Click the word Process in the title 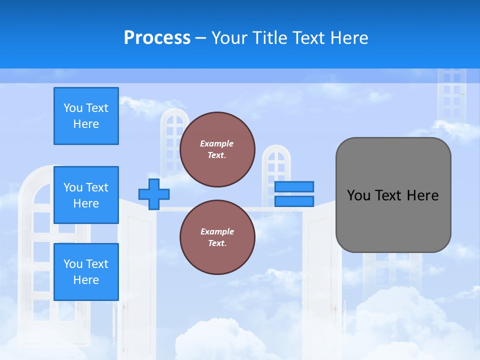157,38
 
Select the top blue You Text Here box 86,116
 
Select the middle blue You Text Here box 86,195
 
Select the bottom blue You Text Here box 86,271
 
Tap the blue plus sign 154,194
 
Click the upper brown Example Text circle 217,149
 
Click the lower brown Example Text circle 217,237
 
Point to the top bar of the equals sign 294,186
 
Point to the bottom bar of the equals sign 294,201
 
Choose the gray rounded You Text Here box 393,195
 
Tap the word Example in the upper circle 216,143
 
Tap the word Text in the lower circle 217,243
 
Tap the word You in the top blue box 72,108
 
